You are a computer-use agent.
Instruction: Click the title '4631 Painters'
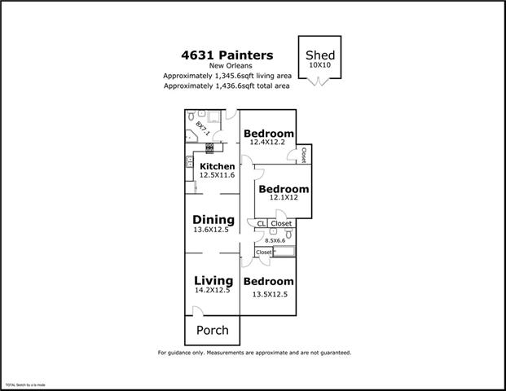pyautogui.click(x=227, y=55)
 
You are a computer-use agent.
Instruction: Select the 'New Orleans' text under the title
pyautogui.click(x=227, y=66)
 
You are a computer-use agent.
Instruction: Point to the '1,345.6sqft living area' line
pyautogui.click(x=227, y=76)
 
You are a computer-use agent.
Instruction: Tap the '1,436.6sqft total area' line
pyautogui.click(x=227, y=86)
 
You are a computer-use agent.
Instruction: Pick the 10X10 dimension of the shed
pyautogui.click(x=319, y=64)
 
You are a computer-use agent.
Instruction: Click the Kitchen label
pyautogui.click(x=217, y=166)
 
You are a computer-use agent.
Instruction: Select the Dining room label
pyautogui.click(x=213, y=220)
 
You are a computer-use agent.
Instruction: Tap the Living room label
pyautogui.click(x=213, y=281)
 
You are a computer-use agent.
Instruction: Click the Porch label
pyautogui.click(x=213, y=330)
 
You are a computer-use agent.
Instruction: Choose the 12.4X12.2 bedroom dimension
pyautogui.click(x=268, y=143)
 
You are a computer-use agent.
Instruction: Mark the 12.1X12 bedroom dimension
pyautogui.click(x=283, y=198)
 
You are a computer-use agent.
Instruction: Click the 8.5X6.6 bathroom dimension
pyautogui.click(x=274, y=240)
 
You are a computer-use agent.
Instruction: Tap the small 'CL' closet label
pyautogui.click(x=261, y=223)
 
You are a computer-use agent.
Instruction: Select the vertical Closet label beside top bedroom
pyautogui.click(x=303, y=155)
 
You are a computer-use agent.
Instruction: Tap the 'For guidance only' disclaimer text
pyautogui.click(x=253, y=353)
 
